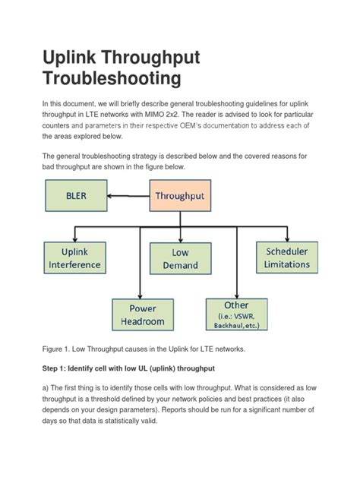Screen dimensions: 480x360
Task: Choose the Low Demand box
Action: (179, 258)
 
